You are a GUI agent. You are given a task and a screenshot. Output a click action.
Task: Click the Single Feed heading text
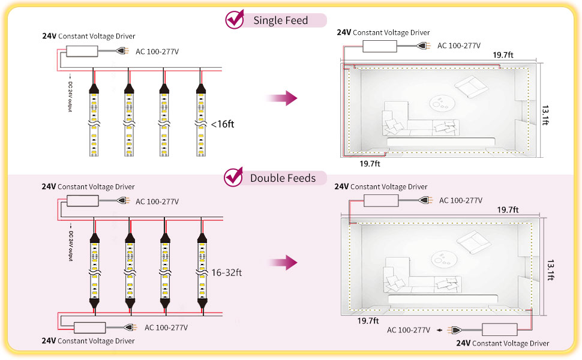coord(280,20)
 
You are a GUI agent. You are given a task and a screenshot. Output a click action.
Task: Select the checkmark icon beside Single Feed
coord(234,20)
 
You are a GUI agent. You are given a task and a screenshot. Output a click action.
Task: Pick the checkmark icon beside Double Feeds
coord(233,178)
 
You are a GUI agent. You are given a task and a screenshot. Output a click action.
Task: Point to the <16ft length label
coord(223,125)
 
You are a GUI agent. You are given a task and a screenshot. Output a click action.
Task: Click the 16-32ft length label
coord(226,272)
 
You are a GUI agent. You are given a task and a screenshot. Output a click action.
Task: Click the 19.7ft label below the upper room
coord(370,163)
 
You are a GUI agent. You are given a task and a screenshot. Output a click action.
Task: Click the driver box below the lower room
coord(500,329)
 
